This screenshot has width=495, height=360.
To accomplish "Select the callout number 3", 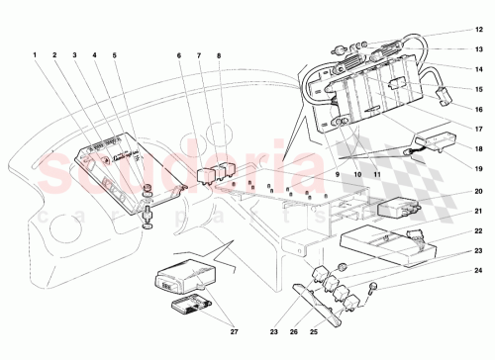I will (x=75, y=55).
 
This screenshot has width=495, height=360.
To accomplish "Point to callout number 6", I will (x=179, y=55).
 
